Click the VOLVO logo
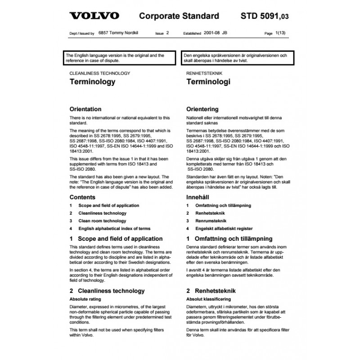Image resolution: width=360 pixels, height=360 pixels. (x=94, y=16)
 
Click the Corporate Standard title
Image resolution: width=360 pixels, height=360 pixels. (x=180, y=16)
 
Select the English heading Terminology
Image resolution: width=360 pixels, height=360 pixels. (x=92, y=82)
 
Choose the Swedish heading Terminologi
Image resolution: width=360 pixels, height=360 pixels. (x=208, y=82)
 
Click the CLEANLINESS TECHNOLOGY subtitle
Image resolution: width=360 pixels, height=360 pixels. (x=99, y=73)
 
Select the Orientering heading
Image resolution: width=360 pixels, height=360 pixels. (x=202, y=109)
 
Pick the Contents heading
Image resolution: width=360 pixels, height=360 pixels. (x=82, y=197)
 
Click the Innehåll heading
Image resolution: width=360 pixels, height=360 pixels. (x=199, y=197)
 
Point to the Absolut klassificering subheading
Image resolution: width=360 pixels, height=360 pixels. (x=208, y=299)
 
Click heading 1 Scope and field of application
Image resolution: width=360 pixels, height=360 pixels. (x=116, y=239)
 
